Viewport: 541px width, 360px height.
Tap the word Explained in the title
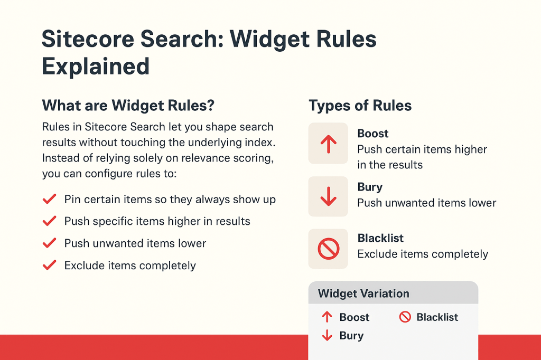coord(96,67)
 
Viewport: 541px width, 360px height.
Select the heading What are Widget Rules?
coord(128,105)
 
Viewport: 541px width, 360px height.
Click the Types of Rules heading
coord(360,105)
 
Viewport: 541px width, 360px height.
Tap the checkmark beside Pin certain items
coord(49,200)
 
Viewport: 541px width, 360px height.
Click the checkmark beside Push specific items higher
coord(49,221)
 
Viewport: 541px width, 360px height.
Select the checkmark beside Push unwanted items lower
coord(49,243)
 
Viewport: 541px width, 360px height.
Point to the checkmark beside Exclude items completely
coord(49,265)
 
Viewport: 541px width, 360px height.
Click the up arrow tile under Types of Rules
coord(328,143)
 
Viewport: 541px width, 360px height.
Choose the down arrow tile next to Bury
coord(328,196)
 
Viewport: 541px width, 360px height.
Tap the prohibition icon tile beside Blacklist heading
coord(328,249)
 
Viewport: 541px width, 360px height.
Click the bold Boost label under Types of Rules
coord(373,134)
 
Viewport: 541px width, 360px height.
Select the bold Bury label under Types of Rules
coord(370,187)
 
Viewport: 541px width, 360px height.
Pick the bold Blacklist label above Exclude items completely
coord(380,238)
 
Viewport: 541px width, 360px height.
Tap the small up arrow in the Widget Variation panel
coord(327,317)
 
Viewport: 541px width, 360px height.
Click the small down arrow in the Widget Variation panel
coord(327,335)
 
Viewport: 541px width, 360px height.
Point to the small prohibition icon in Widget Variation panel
coord(405,317)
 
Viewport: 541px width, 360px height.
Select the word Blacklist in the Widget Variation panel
coord(437,317)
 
